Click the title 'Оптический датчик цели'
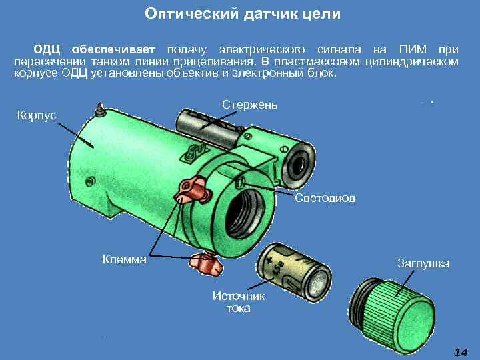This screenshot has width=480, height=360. [243, 14]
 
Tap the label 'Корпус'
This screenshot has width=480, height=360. [37, 115]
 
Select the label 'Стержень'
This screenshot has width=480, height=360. [250, 105]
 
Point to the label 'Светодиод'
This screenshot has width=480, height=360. [325, 199]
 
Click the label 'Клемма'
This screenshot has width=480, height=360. [124, 259]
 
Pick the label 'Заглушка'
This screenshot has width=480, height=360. [423, 263]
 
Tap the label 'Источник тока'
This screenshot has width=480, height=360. [239, 302]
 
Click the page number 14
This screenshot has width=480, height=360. [461, 352]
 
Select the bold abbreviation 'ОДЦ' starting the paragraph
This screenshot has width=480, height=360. [47, 49]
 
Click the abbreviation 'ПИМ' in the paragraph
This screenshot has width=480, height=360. [413, 49]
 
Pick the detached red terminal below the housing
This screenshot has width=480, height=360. [205, 264]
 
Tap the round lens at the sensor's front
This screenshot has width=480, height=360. [298, 165]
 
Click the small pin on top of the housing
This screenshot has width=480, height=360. [100, 110]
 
